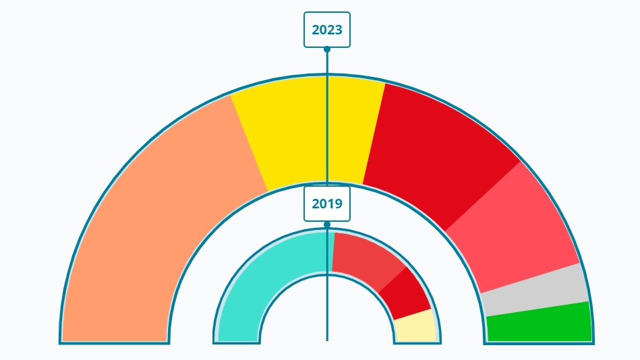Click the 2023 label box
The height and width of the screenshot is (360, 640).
coord(327,30)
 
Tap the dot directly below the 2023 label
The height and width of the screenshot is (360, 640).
coord(327,49)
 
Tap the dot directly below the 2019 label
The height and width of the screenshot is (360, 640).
coord(327,224)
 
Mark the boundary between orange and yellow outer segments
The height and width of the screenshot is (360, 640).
coord(249,143)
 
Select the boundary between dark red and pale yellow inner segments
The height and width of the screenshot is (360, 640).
coord(413,314)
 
